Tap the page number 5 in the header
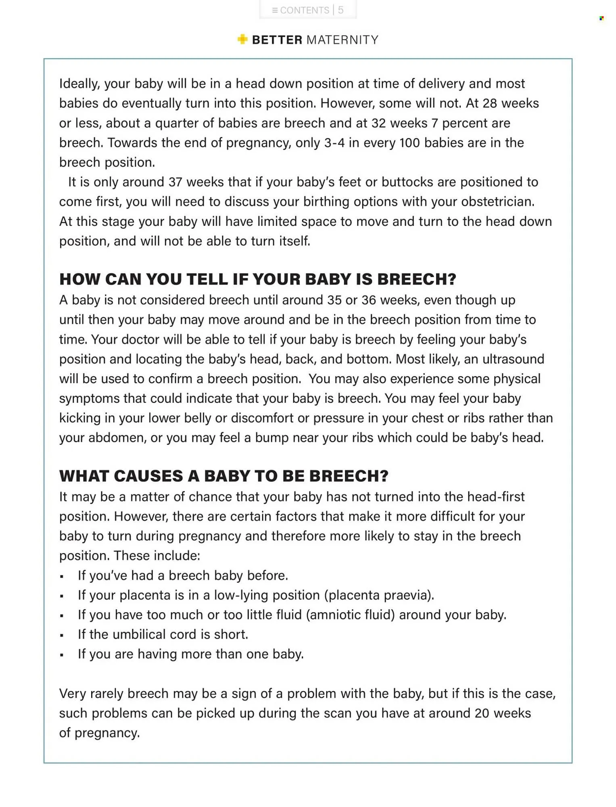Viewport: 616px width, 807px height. [x=341, y=10]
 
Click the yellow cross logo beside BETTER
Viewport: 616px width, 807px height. [x=242, y=40]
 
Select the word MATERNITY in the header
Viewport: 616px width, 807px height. [x=342, y=40]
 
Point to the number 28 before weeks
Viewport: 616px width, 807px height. [x=490, y=103]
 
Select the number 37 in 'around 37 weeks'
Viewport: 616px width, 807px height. [x=175, y=182]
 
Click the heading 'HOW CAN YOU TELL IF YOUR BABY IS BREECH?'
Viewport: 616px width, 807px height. [x=257, y=279]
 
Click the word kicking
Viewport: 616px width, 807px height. [x=79, y=418]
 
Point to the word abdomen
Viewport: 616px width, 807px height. [x=117, y=438]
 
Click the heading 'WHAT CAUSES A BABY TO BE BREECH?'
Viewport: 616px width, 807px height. [x=223, y=476]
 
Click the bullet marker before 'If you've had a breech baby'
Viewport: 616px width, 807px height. [x=62, y=577]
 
